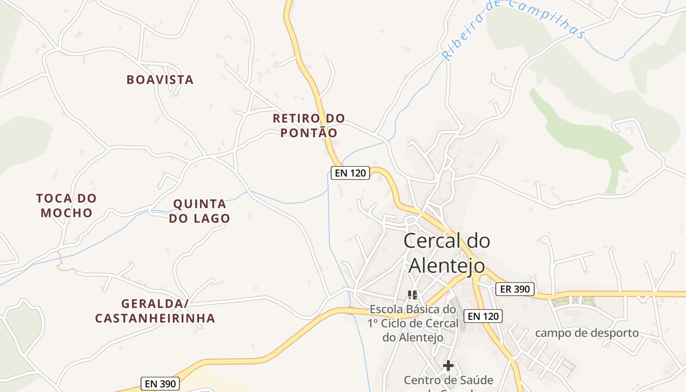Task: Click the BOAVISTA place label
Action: point(160,79)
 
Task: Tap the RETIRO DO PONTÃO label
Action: point(309,125)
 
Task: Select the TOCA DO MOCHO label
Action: point(67,205)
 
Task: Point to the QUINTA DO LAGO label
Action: point(199,211)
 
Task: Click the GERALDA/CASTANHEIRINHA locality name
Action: point(155,311)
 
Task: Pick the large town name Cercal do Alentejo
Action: point(447,253)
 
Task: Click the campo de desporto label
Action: point(587,333)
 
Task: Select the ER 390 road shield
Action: point(514,289)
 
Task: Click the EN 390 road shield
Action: point(160,384)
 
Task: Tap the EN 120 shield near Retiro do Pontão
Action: point(350,173)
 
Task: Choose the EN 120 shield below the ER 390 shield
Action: point(483,316)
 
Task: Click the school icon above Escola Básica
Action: point(413,294)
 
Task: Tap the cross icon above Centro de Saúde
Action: point(448,366)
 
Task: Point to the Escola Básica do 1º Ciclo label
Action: point(413,323)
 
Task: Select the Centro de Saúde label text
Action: point(448,380)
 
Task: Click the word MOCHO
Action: point(67,213)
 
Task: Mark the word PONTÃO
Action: point(309,133)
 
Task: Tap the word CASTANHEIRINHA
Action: point(155,318)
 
